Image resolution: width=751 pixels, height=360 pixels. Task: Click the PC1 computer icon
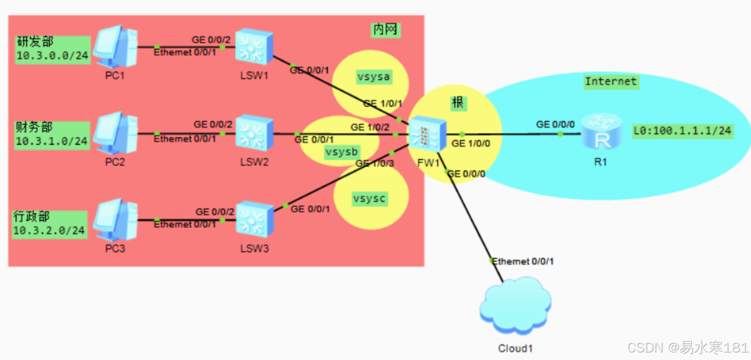[x=116, y=46]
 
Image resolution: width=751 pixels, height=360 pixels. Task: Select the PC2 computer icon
[x=116, y=133]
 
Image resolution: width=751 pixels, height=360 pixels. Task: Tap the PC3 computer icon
[x=116, y=219]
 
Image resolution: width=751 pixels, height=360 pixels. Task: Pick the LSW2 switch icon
[x=254, y=133]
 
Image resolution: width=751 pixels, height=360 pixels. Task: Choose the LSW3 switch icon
[x=254, y=219]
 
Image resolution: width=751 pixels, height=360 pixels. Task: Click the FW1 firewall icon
[x=427, y=135]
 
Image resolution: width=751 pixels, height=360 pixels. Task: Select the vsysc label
[x=369, y=199]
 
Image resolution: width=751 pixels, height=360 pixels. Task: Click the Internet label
[x=610, y=81]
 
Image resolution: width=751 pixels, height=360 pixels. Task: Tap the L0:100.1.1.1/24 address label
[x=682, y=131]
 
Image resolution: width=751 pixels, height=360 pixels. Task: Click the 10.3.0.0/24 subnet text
[x=52, y=57]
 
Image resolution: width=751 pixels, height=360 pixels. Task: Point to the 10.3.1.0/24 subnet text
[x=52, y=141]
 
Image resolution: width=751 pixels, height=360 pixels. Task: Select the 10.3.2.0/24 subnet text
[x=50, y=231]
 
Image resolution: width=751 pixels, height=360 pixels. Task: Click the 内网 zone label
[x=386, y=30]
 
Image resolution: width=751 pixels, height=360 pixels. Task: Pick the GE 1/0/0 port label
[x=471, y=144]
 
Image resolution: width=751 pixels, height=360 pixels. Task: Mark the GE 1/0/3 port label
[x=375, y=163]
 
